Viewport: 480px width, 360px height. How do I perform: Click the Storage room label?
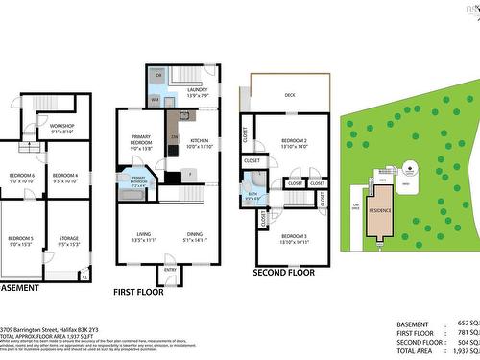tap(68, 240)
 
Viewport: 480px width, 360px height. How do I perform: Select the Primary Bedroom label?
tap(141, 145)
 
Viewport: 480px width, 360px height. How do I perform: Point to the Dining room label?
tap(195, 234)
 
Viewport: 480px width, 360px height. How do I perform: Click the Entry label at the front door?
tap(170, 270)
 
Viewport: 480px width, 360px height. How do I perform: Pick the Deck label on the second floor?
tap(289, 95)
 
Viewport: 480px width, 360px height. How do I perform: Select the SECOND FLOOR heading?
tap(284, 273)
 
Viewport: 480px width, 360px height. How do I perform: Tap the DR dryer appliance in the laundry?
tap(158, 74)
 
